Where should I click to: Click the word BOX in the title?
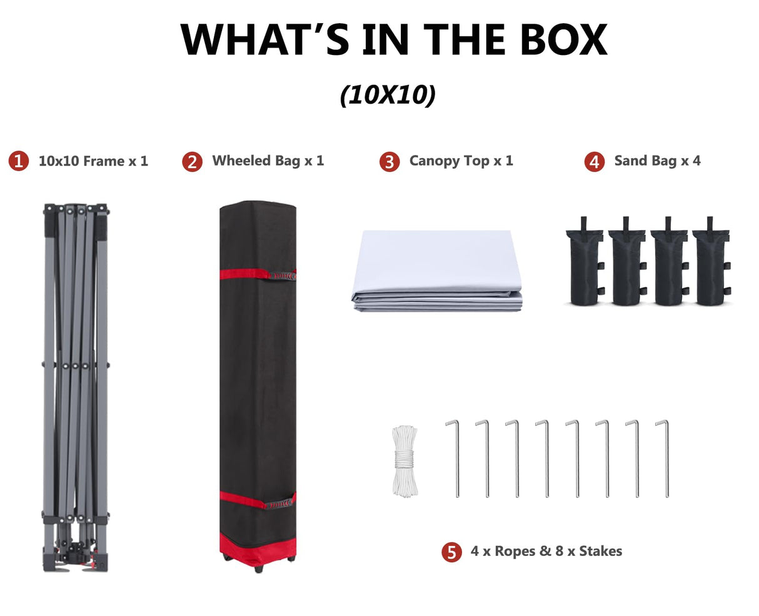(x=563, y=39)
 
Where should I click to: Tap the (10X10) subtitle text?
(x=388, y=95)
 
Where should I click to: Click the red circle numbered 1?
(x=19, y=161)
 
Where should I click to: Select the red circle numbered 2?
(x=192, y=162)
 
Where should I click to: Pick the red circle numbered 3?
(x=389, y=162)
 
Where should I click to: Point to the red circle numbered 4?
(x=594, y=162)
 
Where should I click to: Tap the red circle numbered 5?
(x=451, y=552)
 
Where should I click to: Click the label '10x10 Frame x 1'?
(x=93, y=161)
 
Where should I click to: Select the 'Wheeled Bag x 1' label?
(x=268, y=161)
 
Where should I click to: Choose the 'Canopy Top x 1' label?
(x=461, y=161)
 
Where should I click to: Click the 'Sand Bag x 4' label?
(x=657, y=161)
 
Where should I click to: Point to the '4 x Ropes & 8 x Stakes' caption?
(x=546, y=551)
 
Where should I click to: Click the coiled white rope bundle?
(x=405, y=461)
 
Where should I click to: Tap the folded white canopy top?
(x=436, y=271)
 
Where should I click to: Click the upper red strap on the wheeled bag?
(x=258, y=274)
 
